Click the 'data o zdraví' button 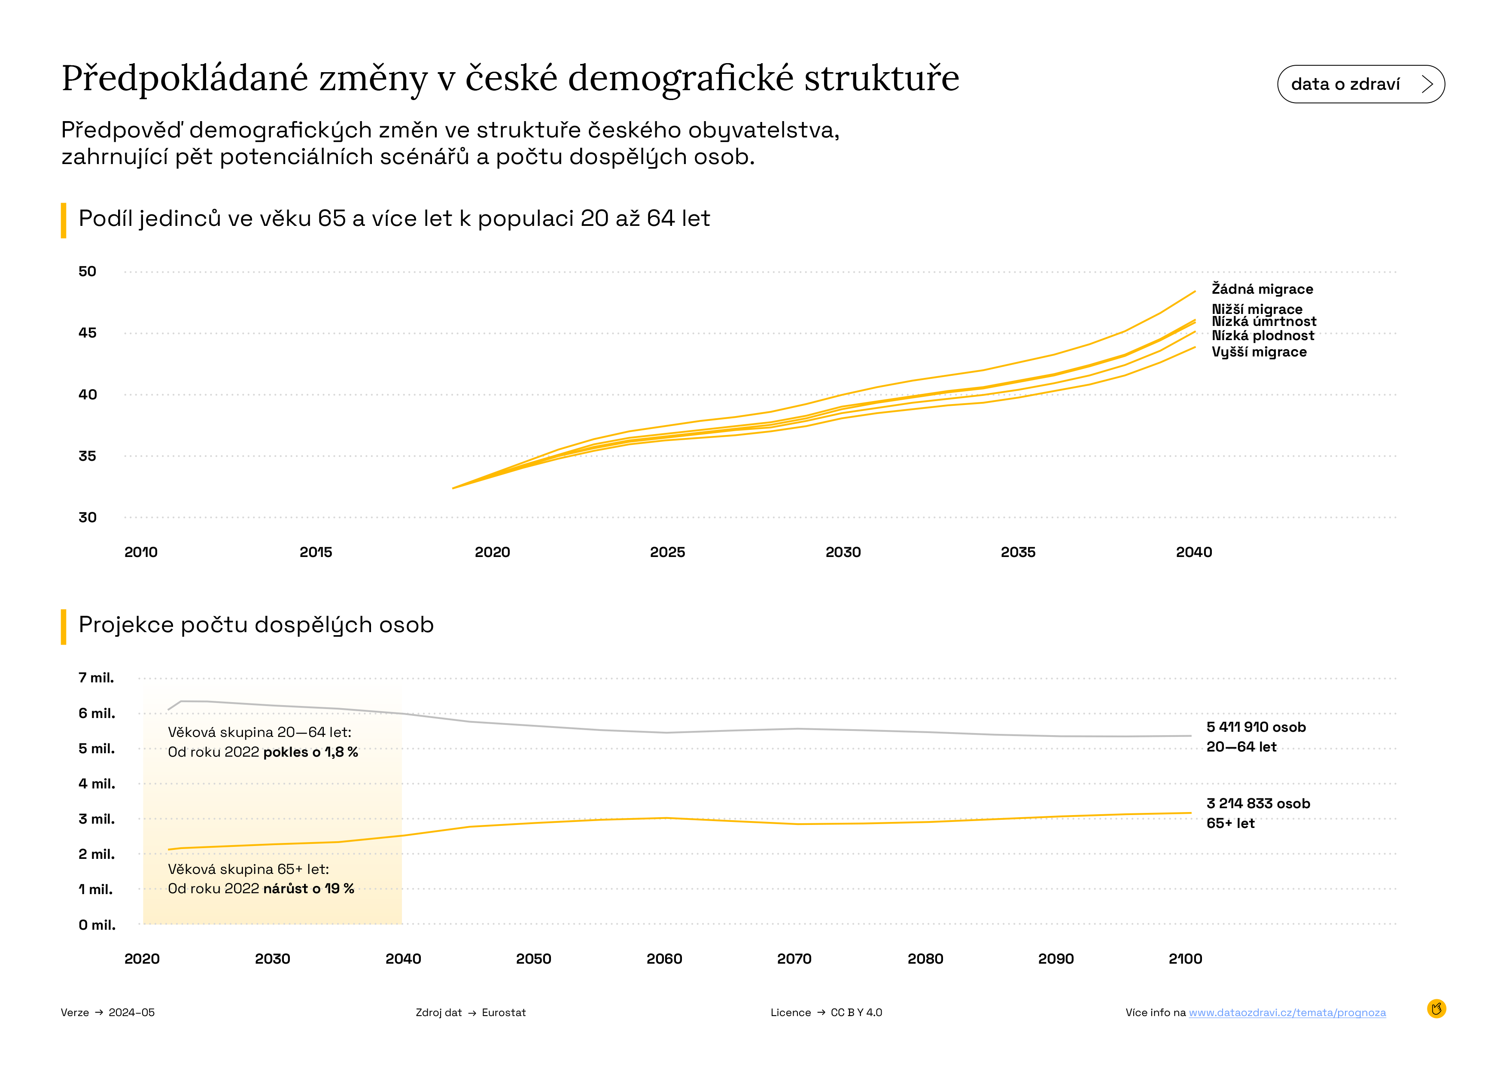(x=1360, y=84)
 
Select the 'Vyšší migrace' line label (x=1259, y=352)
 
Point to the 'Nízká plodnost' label (x=1263, y=336)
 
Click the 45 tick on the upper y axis (x=87, y=333)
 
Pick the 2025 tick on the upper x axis (x=667, y=552)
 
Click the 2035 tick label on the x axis (x=1017, y=552)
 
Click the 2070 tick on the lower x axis (x=794, y=959)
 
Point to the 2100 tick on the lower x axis (x=1185, y=959)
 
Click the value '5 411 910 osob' (x=1256, y=727)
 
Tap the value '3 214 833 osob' (x=1257, y=803)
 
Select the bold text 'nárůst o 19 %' (x=308, y=889)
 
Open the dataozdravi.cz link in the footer (x=1287, y=1013)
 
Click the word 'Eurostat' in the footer (x=503, y=1013)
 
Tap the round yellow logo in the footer (x=1436, y=1009)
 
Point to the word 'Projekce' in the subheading (x=125, y=625)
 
